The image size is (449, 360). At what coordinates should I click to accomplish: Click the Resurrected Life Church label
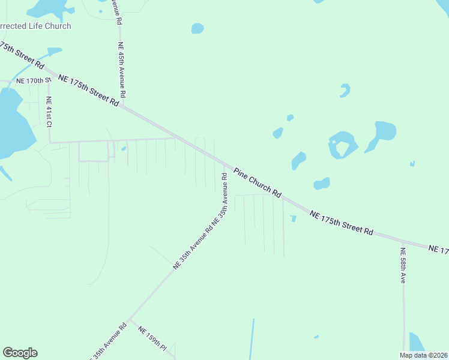tap(35, 26)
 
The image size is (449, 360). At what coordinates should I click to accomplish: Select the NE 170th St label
tap(30, 80)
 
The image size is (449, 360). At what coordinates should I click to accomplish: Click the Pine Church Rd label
tap(258, 182)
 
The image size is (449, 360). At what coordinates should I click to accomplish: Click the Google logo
tap(20, 353)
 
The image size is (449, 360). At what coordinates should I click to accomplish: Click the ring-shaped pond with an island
tap(342, 145)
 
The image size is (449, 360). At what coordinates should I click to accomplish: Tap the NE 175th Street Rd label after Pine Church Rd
tap(342, 222)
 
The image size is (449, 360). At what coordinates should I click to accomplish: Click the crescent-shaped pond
tap(345, 91)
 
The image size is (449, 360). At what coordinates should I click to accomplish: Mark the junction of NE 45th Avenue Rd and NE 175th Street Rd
tap(123, 106)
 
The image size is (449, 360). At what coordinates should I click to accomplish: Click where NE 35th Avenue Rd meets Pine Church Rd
tap(224, 164)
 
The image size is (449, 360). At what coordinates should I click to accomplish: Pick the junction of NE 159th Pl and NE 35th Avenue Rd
tap(130, 319)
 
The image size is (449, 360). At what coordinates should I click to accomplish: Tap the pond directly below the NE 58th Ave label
tap(416, 343)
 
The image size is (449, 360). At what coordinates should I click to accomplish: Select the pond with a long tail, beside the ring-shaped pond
tap(382, 133)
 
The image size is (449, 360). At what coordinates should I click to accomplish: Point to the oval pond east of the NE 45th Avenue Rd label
tap(197, 28)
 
